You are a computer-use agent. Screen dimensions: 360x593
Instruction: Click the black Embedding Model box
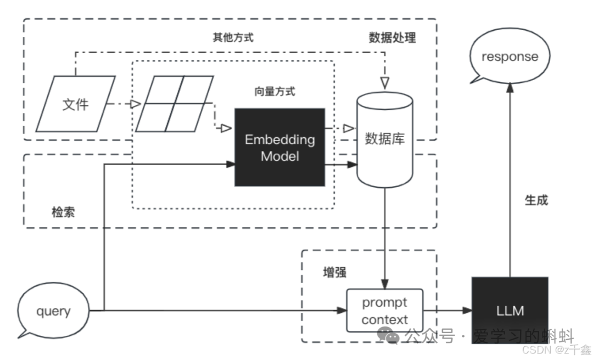[x=279, y=147]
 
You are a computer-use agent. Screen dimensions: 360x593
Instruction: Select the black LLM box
[x=510, y=311]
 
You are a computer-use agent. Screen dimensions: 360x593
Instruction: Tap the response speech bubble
[x=510, y=57]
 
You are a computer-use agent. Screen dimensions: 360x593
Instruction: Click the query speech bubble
[x=53, y=311]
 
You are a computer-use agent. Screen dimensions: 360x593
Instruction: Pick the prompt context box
[x=384, y=311]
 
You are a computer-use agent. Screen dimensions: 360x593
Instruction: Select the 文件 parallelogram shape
[x=75, y=104]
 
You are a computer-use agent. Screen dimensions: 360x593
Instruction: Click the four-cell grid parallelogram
[x=174, y=104]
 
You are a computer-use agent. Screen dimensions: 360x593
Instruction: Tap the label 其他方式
[x=233, y=38]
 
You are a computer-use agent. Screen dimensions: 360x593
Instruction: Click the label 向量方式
[x=275, y=91]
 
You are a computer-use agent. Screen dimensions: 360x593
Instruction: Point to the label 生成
[x=536, y=200]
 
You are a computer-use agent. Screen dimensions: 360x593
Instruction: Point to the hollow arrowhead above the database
[x=384, y=82]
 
